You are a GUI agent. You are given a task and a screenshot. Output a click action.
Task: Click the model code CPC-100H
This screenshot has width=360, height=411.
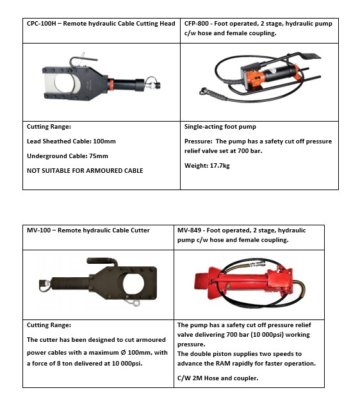point(42,24)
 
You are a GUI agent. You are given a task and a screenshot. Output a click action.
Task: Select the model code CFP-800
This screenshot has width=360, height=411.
point(197,24)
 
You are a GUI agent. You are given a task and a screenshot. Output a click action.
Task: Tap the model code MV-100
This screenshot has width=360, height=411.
point(39,230)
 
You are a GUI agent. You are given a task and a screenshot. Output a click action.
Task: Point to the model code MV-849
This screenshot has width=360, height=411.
point(190,230)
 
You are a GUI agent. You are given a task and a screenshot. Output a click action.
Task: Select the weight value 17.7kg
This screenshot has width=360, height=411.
point(220,166)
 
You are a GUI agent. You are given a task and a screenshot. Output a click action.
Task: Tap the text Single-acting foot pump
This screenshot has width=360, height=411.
point(220,127)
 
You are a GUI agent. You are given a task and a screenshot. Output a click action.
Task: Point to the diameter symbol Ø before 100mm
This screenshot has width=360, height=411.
point(123,353)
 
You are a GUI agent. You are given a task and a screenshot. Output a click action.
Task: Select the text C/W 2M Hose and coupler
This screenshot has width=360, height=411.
point(218,378)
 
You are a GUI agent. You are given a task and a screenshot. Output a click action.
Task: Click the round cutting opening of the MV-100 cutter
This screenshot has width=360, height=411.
point(133,284)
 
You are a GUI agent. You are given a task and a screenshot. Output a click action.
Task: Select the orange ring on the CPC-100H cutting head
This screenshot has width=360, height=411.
point(111,85)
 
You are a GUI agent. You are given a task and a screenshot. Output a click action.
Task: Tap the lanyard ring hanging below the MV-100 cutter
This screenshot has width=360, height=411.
point(136,303)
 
